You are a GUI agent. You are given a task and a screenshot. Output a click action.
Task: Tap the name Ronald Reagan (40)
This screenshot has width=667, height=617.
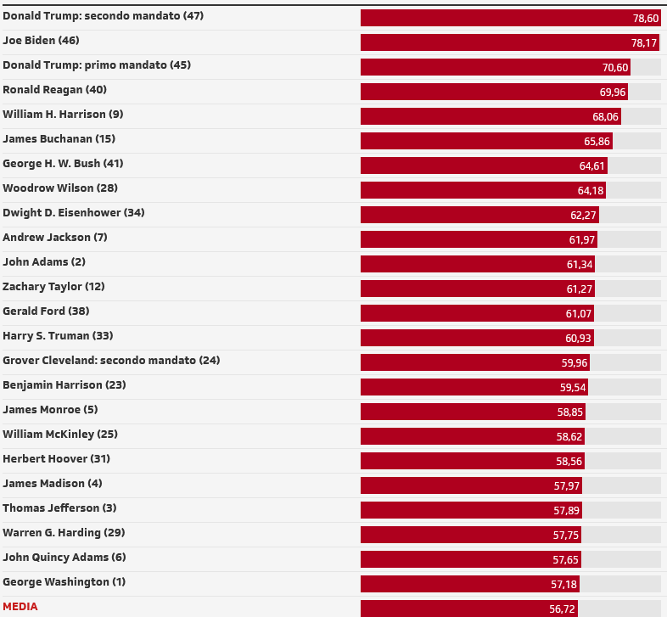click(54, 90)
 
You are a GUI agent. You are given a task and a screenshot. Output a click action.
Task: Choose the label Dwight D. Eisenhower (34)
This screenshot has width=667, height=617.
click(74, 213)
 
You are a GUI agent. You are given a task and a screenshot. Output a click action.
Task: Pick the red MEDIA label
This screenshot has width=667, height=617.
click(20, 607)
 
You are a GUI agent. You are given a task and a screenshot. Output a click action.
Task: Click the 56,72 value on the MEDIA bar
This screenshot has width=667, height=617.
click(563, 609)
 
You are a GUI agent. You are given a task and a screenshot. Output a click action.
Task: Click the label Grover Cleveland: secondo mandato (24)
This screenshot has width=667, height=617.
click(111, 361)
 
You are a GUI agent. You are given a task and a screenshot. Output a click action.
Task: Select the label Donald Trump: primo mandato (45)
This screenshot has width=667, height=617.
click(97, 65)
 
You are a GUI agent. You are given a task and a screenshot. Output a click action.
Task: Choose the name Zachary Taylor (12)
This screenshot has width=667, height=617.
click(53, 287)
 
